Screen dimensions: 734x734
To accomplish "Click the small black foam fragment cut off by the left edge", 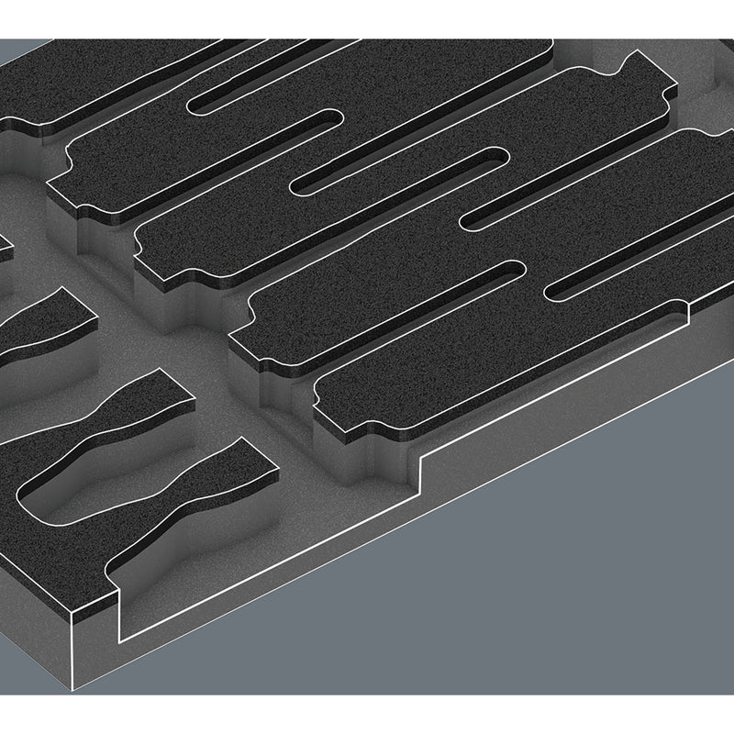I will (x=4, y=243).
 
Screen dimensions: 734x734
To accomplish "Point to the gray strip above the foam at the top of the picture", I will (x=367, y=18).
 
